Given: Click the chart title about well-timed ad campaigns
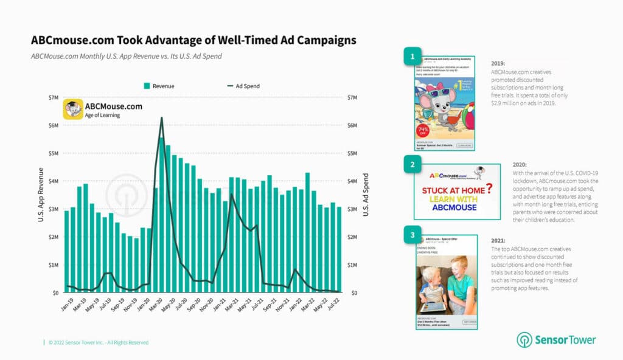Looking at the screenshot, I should pos(193,40).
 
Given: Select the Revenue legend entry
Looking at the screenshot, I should pos(159,86).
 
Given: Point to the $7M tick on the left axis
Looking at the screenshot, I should pos(53,98).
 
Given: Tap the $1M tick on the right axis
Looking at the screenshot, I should pos(352,265).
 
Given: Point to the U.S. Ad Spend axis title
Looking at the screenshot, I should pos(366,195).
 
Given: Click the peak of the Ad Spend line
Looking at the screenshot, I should pos(161,118).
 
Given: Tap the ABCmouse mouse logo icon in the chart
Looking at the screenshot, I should pos(74,110).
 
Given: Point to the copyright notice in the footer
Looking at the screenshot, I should pos(98,342).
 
